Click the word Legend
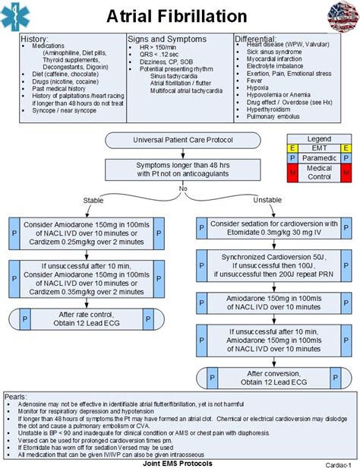pyautogui.click(x=318, y=138)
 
